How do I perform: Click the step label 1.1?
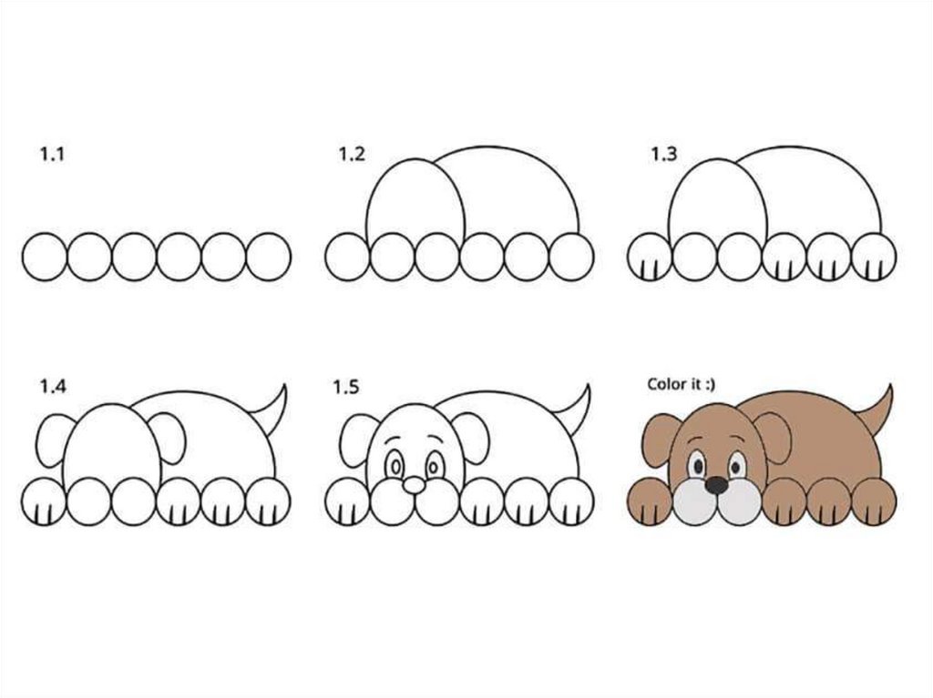52,155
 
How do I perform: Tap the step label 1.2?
352,155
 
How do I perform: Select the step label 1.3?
663,155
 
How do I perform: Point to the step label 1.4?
53,387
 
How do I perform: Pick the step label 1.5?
345,388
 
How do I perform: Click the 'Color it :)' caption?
682,384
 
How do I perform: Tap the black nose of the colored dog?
717,485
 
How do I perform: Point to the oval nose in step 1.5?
414,486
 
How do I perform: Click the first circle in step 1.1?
45,257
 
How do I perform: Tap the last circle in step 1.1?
269,257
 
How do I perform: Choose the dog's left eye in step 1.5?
394,466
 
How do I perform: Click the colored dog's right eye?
738,465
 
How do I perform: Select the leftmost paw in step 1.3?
649,257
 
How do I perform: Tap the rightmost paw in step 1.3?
874,257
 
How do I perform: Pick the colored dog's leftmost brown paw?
650,501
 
